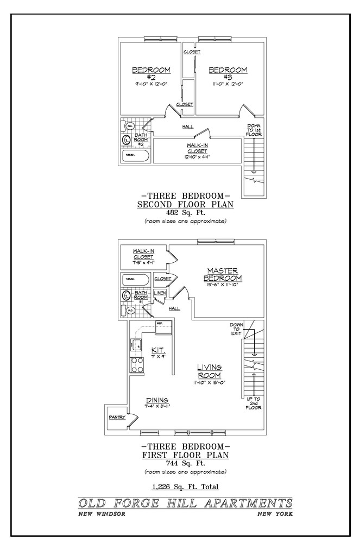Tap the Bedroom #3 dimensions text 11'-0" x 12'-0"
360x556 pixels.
228,84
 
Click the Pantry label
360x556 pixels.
117,418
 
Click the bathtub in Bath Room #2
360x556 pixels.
136,155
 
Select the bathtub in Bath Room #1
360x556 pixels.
136,280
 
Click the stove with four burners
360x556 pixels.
137,365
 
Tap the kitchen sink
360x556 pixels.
137,343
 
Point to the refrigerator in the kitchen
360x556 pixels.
163,328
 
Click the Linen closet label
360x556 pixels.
160,293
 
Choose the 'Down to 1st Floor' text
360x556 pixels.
254,130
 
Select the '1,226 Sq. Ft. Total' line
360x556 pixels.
186,486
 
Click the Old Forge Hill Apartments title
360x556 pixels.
185,503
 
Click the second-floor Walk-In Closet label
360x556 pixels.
197,148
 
